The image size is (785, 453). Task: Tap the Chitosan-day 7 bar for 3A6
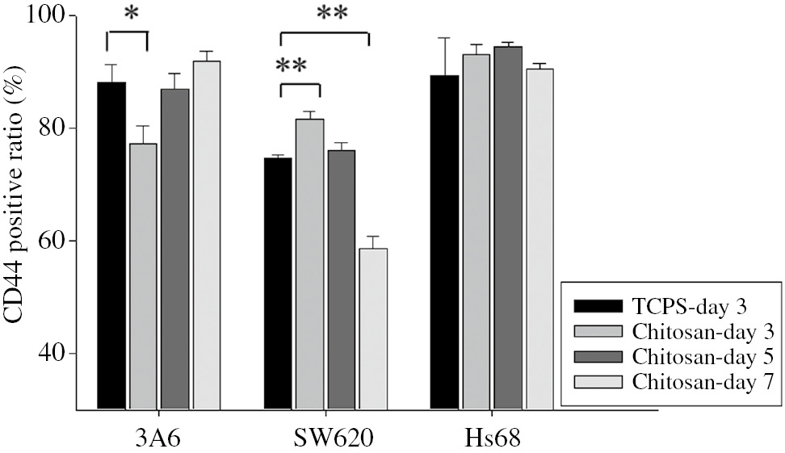coord(206,235)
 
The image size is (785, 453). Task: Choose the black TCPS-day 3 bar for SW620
coord(279,283)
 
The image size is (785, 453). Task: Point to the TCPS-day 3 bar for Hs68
coord(444,242)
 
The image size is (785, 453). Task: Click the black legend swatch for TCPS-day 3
coord(598,306)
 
